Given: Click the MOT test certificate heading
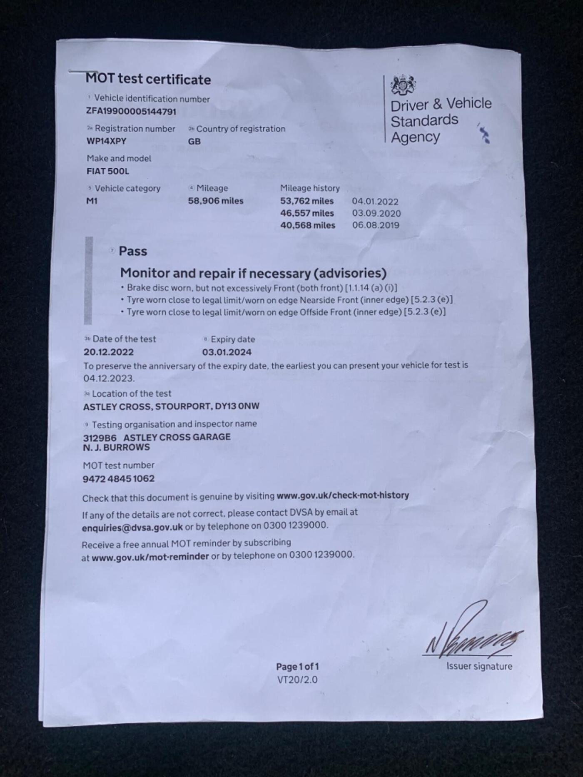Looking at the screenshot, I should [x=148, y=79].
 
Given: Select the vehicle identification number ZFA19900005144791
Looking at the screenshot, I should [x=131, y=111].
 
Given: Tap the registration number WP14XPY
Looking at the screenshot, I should [x=106, y=141].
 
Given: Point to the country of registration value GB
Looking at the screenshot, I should [x=194, y=141].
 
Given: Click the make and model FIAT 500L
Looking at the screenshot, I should [x=108, y=171].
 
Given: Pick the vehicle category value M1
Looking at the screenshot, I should [x=92, y=201].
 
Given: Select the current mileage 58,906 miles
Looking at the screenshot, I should [x=215, y=201].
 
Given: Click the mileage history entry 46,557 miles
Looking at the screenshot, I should [x=307, y=213].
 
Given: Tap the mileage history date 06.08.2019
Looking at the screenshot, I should [x=376, y=225].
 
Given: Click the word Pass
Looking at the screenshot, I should [x=133, y=251].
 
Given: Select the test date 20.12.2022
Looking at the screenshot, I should [x=109, y=352].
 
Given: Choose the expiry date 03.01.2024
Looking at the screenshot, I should [x=227, y=352].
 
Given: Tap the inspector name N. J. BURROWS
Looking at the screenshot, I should [x=116, y=447].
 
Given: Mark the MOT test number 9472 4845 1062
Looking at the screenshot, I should [x=119, y=478].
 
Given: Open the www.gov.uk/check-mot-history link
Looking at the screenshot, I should [x=343, y=496].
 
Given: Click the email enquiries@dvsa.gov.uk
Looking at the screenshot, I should [x=132, y=527].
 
